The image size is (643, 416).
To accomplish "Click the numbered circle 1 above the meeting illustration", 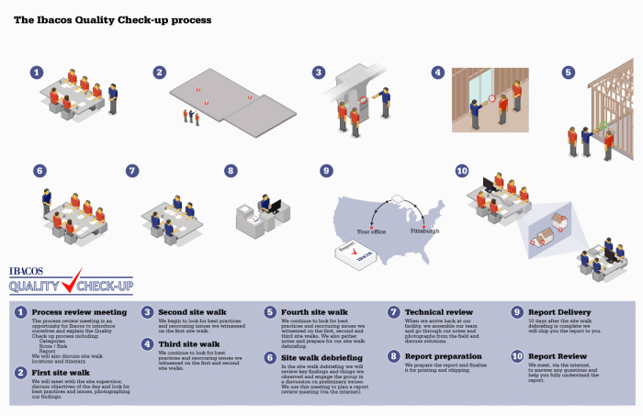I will click(37, 72).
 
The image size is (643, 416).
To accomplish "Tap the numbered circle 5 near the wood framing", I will click(569, 72).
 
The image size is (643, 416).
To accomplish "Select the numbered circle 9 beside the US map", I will click(326, 171).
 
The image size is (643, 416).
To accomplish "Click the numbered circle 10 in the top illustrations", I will click(461, 171).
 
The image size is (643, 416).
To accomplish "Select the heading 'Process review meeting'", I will click(79, 312).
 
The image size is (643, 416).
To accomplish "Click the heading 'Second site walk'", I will click(192, 312).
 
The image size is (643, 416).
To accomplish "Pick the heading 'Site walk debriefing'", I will click(321, 356).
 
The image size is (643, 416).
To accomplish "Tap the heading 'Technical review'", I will click(438, 312).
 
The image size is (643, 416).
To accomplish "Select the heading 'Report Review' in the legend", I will click(557, 355).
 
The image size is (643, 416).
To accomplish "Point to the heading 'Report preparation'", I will click(444, 355).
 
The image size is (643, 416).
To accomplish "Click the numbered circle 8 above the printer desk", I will click(231, 171).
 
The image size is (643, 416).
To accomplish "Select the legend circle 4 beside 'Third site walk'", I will click(147, 344).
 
